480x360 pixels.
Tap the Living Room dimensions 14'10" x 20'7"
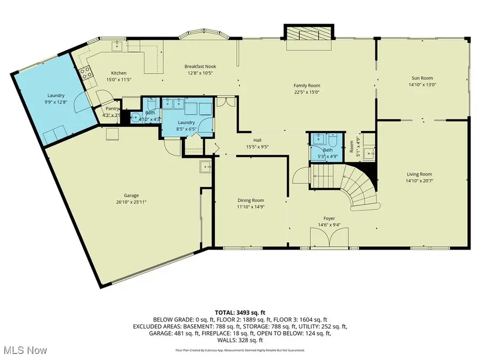[x=419, y=181]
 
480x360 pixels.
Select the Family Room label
[x=307, y=85]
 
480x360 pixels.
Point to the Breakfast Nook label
[x=200, y=67]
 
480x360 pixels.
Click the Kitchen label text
[x=118, y=73]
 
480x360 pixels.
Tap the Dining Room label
[x=251, y=201]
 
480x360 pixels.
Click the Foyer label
[x=329, y=218]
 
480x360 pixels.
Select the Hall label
[x=257, y=140]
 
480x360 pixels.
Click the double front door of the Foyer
[x=329, y=237]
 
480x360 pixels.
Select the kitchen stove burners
[x=85, y=75]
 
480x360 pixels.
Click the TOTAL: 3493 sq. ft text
[x=239, y=313]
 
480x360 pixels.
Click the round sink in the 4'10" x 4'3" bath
[x=135, y=118]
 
